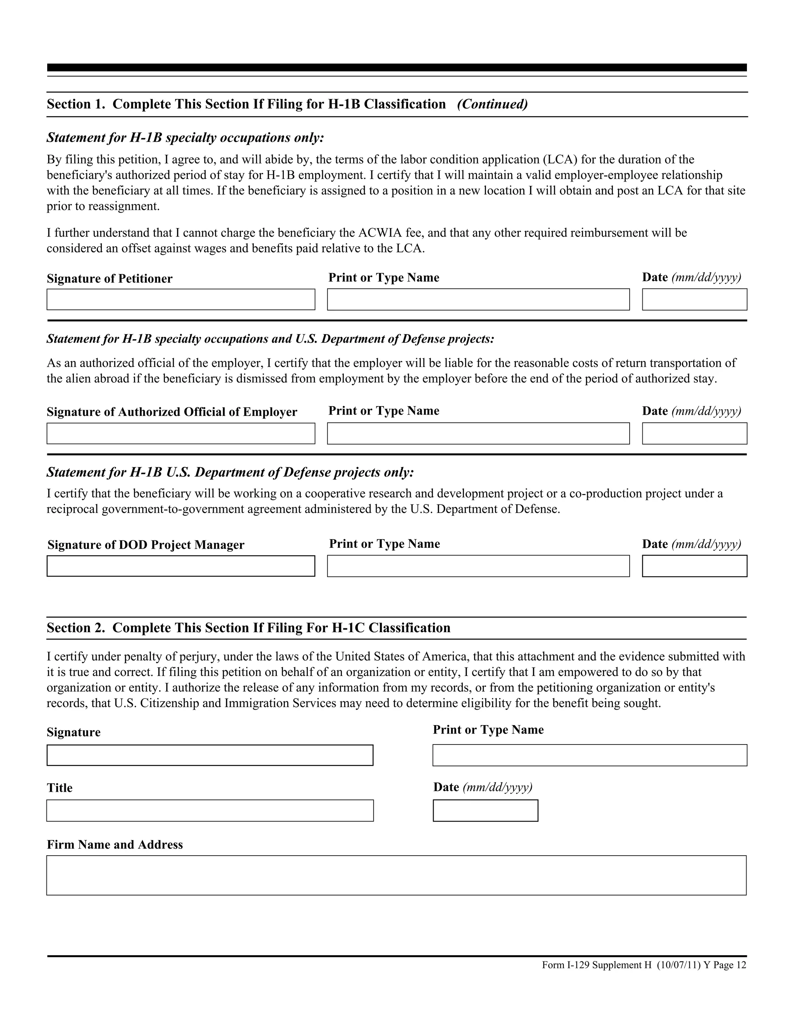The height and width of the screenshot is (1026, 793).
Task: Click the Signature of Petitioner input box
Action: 180,299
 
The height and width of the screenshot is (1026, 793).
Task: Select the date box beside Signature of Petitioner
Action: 694,299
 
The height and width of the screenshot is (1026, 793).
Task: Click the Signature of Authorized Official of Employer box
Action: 180,433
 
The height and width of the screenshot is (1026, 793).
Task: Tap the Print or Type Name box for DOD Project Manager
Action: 478,566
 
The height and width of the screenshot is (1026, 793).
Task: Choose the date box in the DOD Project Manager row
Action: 694,566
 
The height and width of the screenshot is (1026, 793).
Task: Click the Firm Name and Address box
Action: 396,875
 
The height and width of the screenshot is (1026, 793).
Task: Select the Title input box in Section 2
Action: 209,810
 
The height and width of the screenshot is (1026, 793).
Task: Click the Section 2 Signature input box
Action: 209,755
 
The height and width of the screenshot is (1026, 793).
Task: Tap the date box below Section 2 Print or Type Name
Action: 485,810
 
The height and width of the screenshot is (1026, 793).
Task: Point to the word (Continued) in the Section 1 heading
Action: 493,104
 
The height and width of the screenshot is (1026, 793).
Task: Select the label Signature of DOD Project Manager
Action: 146,545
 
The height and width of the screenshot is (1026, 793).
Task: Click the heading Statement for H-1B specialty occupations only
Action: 185,138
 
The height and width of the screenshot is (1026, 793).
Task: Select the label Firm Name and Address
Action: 115,845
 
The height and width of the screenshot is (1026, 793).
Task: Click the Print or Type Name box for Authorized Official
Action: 478,433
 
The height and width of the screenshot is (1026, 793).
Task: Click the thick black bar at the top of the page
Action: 396,68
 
